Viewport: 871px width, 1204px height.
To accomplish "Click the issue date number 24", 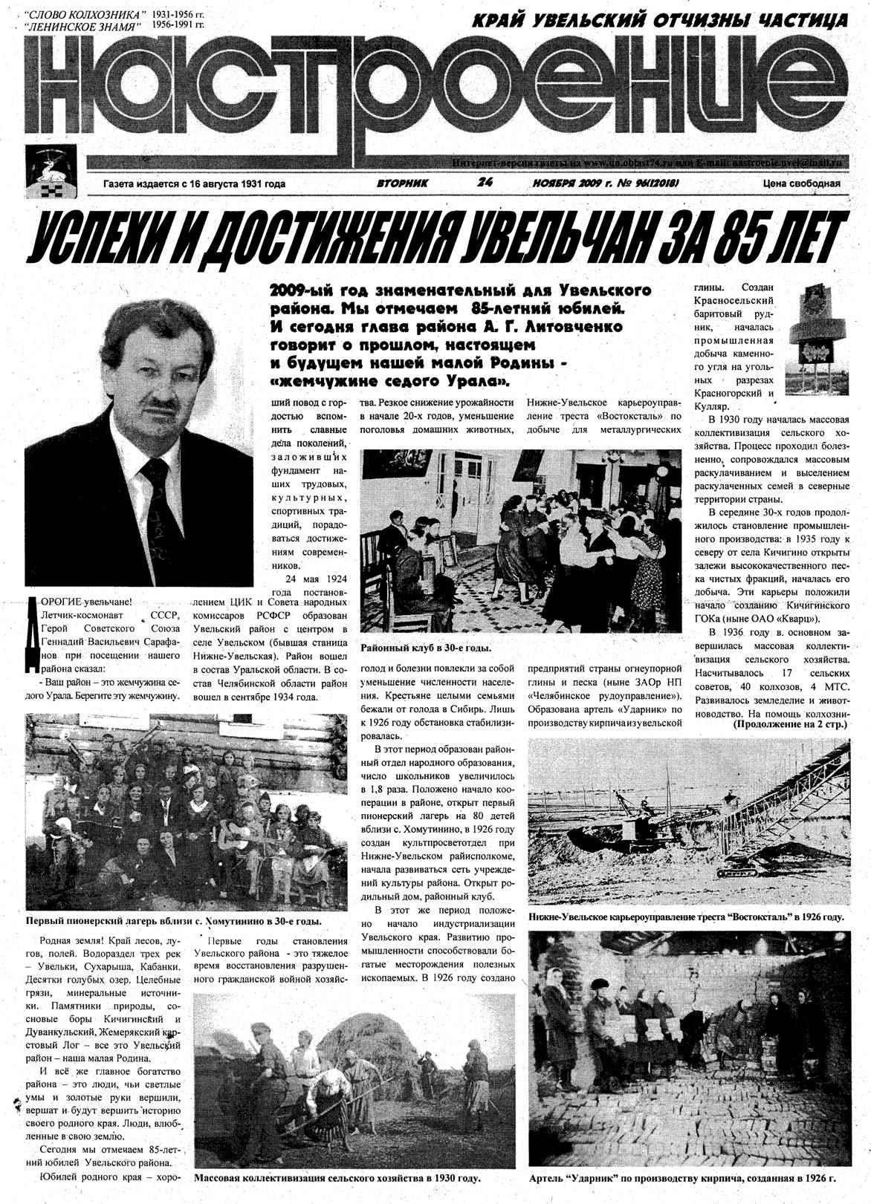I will [487, 182].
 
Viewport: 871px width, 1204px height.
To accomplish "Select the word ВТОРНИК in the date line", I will [403, 183].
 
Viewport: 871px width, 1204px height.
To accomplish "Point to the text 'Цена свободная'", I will [801, 183].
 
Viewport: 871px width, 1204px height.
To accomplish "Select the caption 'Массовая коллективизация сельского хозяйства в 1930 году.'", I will [337, 1178].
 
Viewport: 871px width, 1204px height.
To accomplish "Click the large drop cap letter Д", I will [33, 631].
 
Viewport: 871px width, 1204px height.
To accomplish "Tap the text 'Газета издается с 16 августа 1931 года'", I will [195, 183].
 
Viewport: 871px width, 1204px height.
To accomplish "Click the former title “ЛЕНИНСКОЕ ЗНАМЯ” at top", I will [82, 26].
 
